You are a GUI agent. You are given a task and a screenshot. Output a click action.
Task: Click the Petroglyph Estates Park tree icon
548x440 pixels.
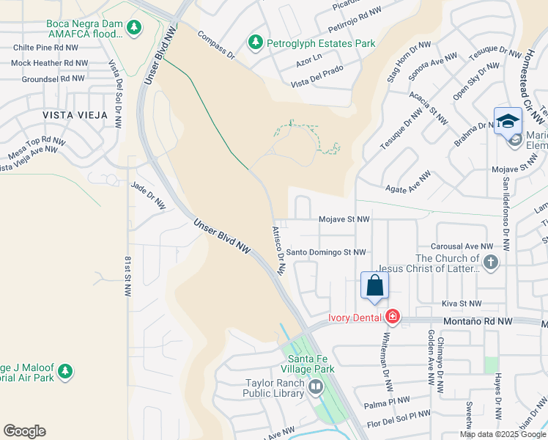255,43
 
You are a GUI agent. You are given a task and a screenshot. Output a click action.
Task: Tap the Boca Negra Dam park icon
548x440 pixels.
133,28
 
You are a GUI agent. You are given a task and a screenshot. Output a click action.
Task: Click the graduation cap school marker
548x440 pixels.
508,121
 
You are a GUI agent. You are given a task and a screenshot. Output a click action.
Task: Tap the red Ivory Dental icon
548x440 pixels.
393,316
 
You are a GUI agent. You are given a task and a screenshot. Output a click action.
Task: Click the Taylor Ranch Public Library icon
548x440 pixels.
316,386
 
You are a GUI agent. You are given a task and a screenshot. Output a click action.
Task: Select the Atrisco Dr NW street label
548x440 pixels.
279,249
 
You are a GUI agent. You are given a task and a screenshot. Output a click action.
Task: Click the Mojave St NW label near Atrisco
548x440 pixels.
344,219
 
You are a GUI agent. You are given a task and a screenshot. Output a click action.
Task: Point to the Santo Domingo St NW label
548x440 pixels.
325,252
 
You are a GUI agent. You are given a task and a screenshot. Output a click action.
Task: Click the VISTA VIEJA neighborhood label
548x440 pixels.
75,115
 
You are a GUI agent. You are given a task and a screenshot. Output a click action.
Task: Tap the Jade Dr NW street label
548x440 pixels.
149,194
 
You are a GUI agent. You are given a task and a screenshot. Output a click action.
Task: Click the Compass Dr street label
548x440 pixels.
215,44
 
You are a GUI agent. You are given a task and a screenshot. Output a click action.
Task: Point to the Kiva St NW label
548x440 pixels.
462,303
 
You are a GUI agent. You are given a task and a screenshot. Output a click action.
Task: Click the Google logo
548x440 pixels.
24,431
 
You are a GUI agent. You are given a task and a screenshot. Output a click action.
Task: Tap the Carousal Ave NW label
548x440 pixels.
462,246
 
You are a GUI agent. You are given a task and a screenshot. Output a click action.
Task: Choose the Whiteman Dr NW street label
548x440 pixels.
386,356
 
